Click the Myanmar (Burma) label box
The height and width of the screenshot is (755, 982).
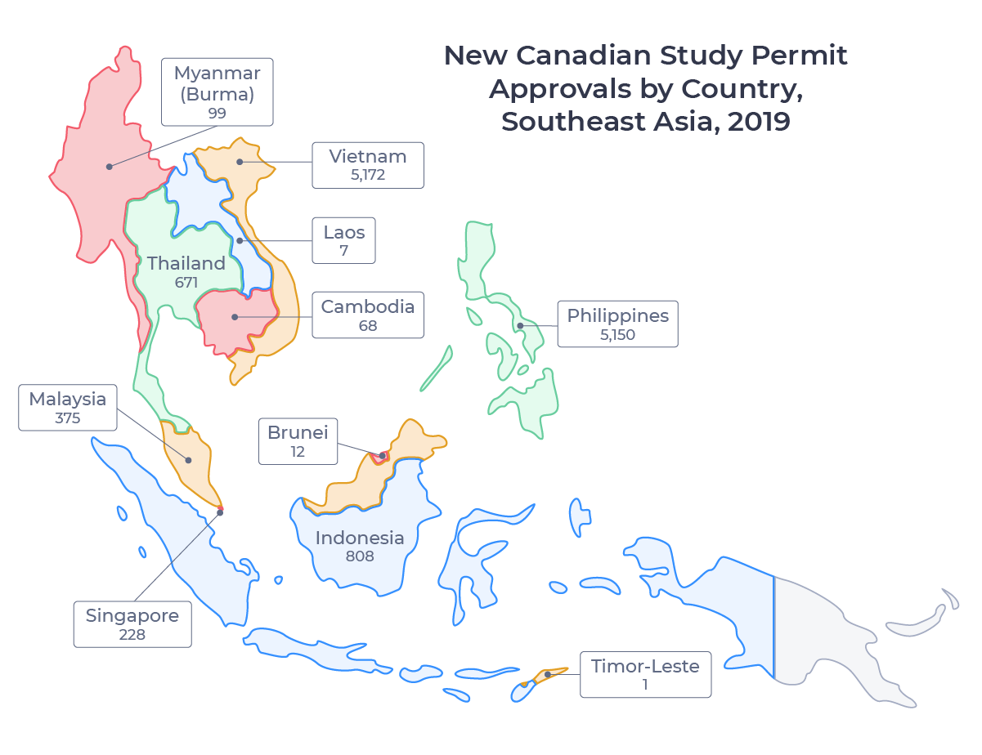tap(217, 92)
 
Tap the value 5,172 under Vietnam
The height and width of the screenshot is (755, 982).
tap(367, 174)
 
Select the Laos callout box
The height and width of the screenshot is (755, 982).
tap(343, 240)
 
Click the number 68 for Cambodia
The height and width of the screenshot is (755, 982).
tap(367, 325)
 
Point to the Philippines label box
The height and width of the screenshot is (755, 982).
tap(617, 324)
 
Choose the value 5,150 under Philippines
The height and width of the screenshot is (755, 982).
tap(617, 334)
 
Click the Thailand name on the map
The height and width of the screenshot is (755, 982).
tap(186, 263)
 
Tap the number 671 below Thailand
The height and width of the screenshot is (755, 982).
tap(187, 282)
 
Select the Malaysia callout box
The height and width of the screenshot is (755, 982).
tap(68, 408)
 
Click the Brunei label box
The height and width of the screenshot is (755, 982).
tap(298, 441)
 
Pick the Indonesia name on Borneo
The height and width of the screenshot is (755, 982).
tap(360, 538)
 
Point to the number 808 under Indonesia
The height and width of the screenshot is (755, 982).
tap(360, 556)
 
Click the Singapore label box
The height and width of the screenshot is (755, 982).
tap(132, 624)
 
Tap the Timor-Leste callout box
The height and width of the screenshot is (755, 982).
tap(645, 674)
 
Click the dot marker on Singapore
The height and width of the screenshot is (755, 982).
tap(220, 512)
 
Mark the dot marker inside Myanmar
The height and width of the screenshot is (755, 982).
tap(109, 167)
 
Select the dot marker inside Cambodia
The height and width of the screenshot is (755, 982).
tap(235, 317)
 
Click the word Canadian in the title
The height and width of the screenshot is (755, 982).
tap(592, 56)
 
